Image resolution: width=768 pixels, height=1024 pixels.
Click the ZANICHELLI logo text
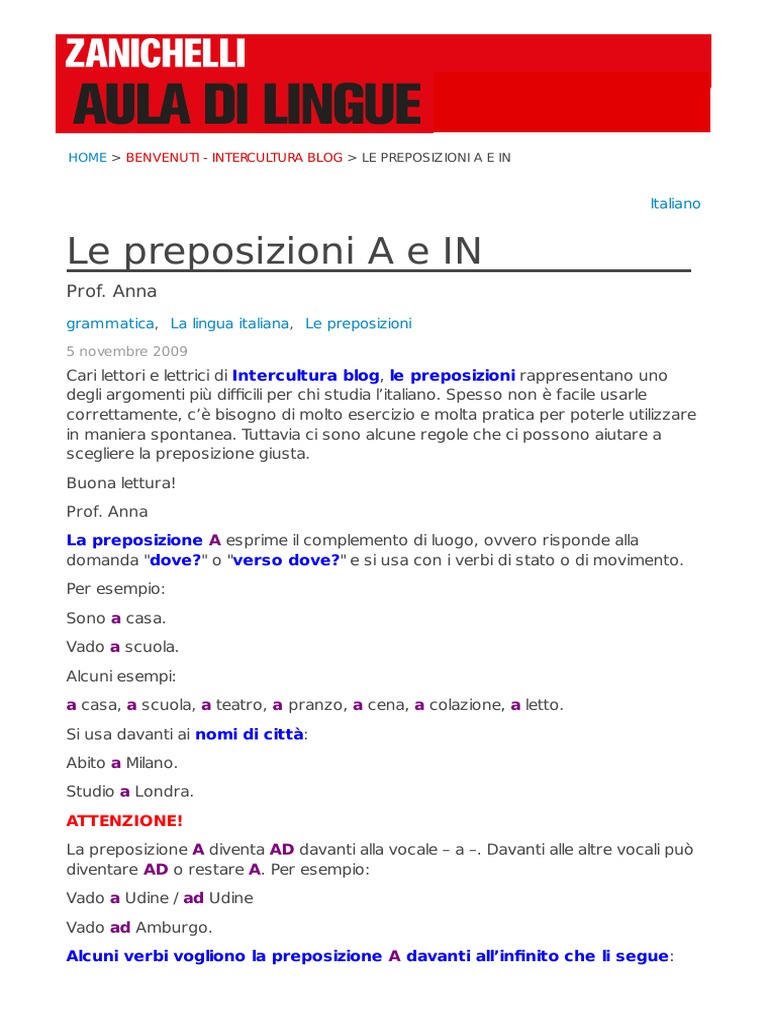pyautogui.click(x=155, y=54)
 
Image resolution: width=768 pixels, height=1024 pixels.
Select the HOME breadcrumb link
pyautogui.click(x=87, y=158)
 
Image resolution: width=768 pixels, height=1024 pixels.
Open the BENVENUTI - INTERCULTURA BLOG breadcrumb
pyautogui.click(x=234, y=158)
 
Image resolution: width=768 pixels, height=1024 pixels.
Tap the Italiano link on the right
pyautogui.click(x=675, y=204)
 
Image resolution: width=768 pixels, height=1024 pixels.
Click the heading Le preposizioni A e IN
pyautogui.click(x=274, y=251)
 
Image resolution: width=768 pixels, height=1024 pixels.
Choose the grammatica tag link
pyautogui.click(x=110, y=324)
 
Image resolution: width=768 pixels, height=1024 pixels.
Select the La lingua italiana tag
pyautogui.click(x=230, y=324)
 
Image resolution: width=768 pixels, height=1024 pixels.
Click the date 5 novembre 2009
pyautogui.click(x=127, y=352)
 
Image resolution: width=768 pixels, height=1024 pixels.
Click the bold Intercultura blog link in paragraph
pyautogui.click(x=306, y=376)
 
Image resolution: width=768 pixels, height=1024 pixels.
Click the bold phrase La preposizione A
pyautogui.click(x=144, y=540)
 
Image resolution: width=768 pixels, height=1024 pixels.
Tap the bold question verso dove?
pyautogui.click(x=286, y=560)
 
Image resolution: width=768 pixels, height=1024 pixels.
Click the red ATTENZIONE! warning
pyautogui.click(x=125, y=821)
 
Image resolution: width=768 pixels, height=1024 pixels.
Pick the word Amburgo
pyautogui.click(x=174, y=927)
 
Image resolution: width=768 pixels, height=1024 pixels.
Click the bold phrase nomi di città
pyautogui.click(x=249, y=734)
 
